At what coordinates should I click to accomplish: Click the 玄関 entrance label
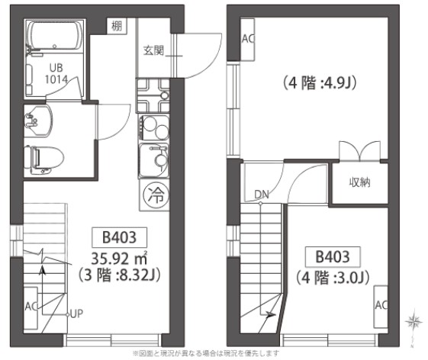[153, 51]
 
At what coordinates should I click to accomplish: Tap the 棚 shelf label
[116, 27]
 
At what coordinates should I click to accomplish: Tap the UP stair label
[76, 312]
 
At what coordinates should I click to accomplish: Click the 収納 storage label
[360, 182]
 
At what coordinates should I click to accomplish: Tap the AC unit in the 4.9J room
[248, 38]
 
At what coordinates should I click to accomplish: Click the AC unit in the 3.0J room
[381, 304]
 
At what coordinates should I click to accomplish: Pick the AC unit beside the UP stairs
[31, 305]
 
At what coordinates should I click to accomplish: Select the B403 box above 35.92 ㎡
[119, 236]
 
